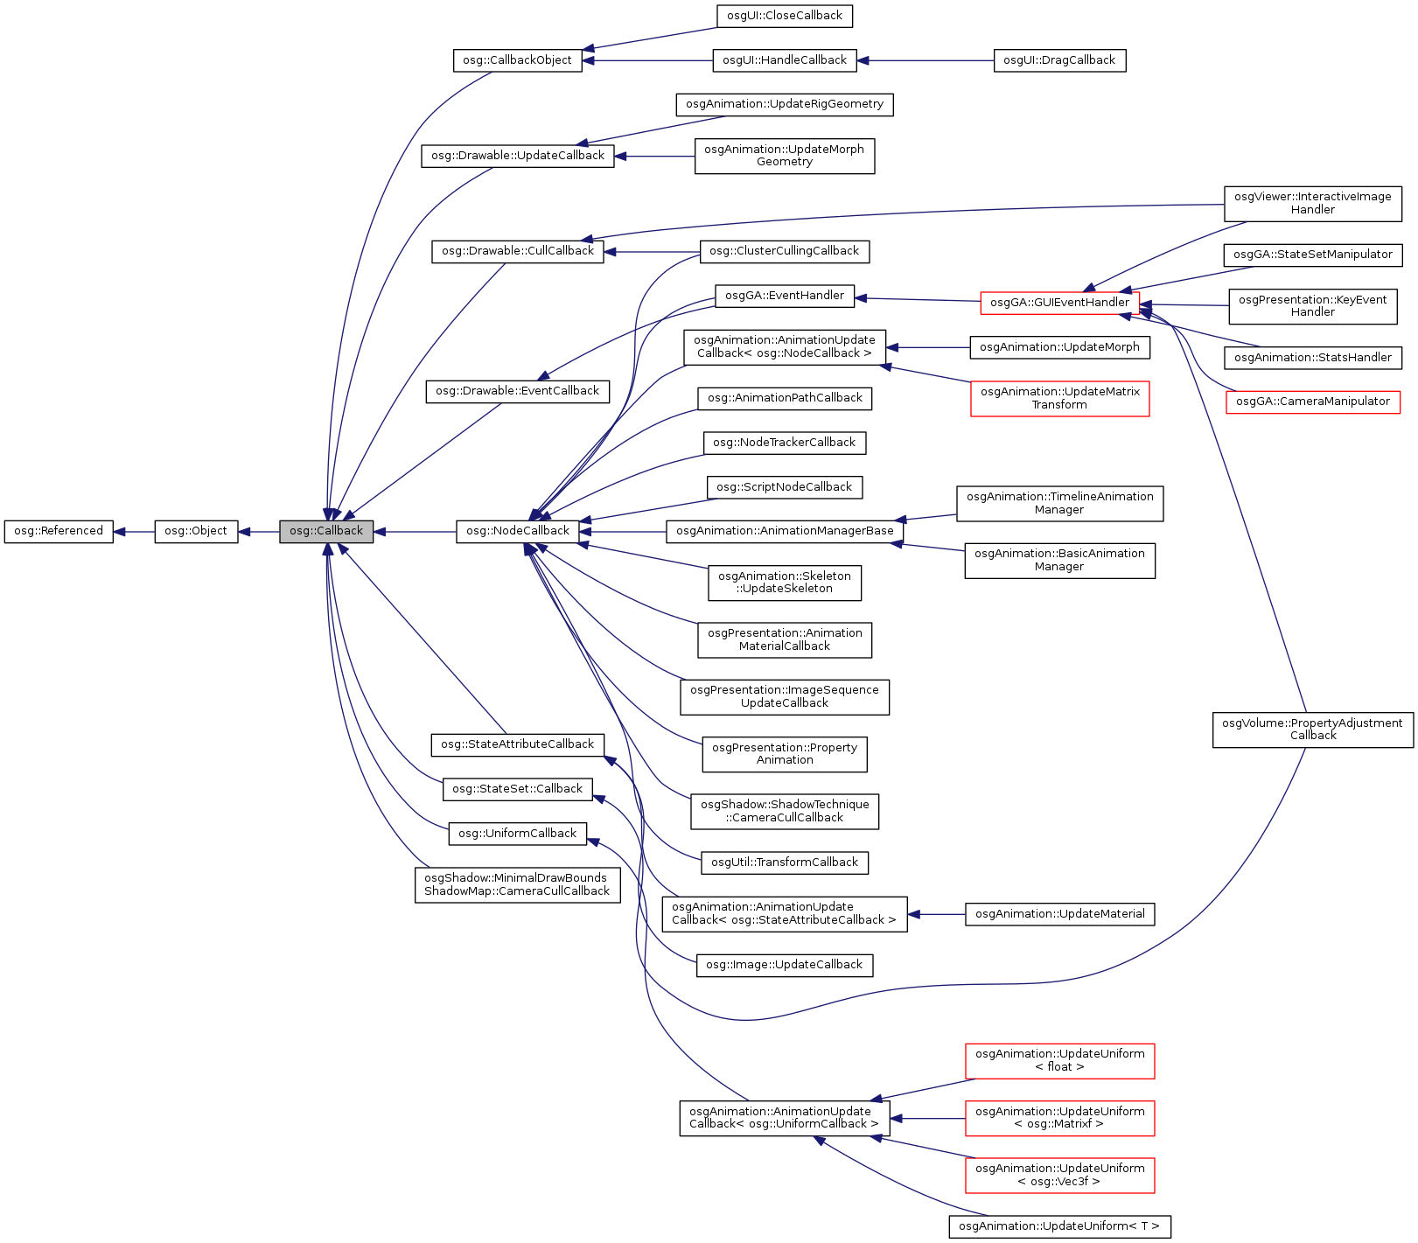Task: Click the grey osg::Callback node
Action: click(326, 531)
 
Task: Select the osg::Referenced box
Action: click(59, 531)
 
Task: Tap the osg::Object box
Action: click(196, 531)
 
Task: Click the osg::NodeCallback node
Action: click(517, 531)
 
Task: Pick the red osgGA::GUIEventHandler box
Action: click(1059, 303)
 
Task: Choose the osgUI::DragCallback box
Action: click(1058, 60)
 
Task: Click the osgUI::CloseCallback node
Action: click(784, 16)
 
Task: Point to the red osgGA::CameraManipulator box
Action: click(1312, 402)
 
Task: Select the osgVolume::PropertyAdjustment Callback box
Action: click(1312, 730)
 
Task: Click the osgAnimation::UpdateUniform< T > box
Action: click(1058, 1226)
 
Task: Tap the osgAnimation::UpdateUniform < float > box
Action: click(1059, 1060)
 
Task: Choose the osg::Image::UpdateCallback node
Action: click(784, 965)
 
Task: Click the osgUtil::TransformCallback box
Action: click(784, 862)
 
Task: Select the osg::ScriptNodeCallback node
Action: click(784, 487)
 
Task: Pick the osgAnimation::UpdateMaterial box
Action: click(1059, 914)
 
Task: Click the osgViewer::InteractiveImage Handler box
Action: click(1312, 203)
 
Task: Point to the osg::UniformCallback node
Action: click(517, 834)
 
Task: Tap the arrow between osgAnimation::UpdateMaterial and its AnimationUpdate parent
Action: click(936, 914)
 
